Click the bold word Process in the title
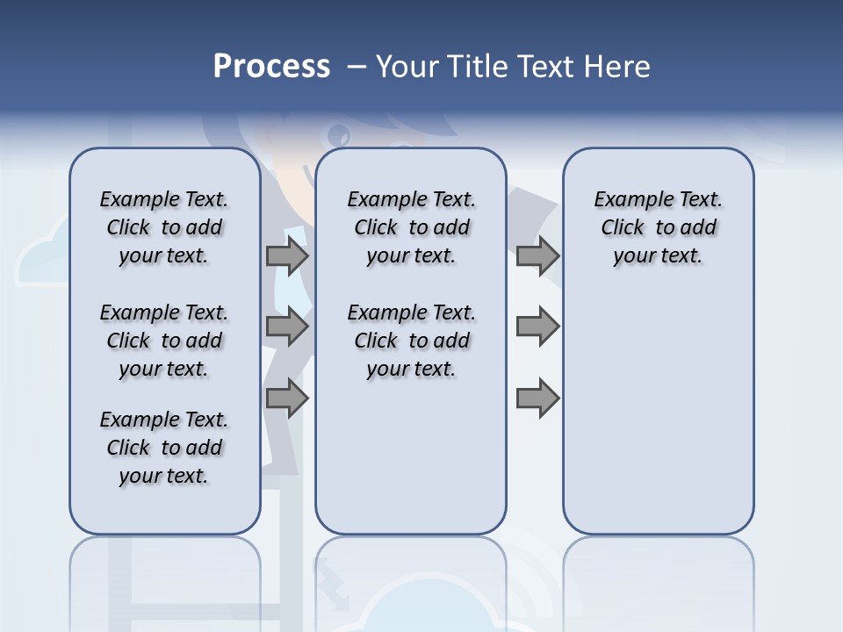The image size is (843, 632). [x=271, y=67]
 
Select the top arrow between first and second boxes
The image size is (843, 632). [x=287, y=256]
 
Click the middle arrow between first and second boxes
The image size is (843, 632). [x=287, y=327]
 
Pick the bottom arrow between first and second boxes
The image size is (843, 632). [x=287, y=398]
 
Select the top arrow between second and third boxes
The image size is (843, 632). [x=537, y=256]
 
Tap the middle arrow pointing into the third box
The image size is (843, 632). [x=537, y=327]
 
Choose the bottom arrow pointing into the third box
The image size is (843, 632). [x=537, y=398]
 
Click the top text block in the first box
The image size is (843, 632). [x=164, y=227]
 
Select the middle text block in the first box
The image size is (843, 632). [x=164, y=341]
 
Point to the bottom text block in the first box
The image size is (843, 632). [x=164, y=448]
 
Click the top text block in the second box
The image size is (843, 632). [x=411, y=227]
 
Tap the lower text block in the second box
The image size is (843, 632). [x=411, y=341]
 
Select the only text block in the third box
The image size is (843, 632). [x=658, y=227]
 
